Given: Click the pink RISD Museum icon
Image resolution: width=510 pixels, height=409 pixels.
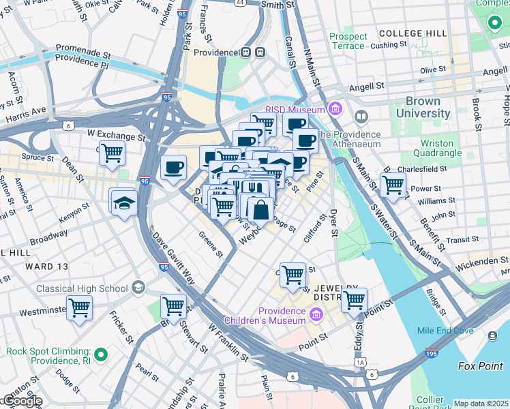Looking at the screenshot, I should (x=335, y=108).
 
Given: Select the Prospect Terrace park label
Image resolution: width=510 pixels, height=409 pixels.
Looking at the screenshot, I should (x=347, y=41).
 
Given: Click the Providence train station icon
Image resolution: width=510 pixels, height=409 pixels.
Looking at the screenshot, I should (x=260, y=52).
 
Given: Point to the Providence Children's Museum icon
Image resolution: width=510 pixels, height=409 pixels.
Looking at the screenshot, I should (x=316, y=315).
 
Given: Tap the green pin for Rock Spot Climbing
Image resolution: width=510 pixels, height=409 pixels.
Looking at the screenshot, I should (x=101, y=354).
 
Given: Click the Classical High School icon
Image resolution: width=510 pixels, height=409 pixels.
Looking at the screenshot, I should (x=139, y=288).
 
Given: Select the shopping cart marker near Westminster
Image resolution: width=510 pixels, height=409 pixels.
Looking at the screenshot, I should (x=80, y=308).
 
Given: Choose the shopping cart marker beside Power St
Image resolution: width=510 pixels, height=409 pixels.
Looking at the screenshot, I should (x=393, y=184).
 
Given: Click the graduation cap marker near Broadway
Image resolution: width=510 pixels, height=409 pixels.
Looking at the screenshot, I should (x=124, y=202).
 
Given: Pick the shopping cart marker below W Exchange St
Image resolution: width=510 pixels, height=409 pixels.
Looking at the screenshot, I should (x=112, y=153).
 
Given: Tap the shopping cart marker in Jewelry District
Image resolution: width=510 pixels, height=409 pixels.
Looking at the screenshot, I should (x=354, y=299).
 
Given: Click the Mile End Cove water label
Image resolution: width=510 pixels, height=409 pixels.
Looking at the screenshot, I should (x=445, y=331).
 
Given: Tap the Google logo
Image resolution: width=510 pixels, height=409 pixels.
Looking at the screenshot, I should (x=22, y=401).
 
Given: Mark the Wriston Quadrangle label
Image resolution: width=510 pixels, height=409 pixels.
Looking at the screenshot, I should (x=437, y=149).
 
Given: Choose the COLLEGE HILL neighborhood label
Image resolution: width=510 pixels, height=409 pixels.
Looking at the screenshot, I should (x=412, y=33).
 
